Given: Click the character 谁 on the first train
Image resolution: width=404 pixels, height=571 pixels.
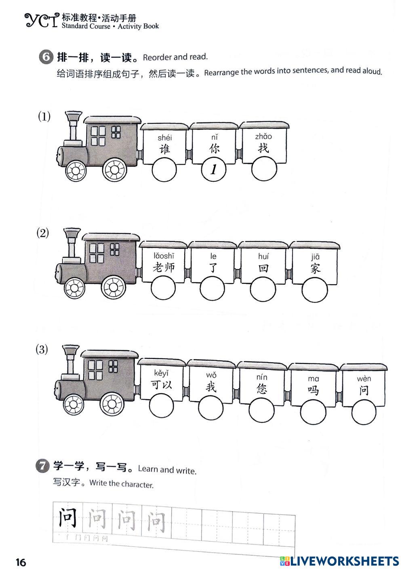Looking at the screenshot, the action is pos(164,149).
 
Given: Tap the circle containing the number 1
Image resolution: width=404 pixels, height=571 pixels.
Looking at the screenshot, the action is pos(214,169).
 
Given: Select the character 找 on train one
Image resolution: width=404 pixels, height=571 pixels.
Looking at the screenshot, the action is pos(263,147).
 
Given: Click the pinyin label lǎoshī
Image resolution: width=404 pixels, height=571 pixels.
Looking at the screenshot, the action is pos(164,256).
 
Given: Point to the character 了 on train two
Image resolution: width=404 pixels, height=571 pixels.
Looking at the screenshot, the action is pos(214,267).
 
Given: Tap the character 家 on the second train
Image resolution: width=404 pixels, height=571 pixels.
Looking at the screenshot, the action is pos(315,268).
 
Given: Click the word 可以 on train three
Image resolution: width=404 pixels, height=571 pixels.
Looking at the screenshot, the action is pos(162,384).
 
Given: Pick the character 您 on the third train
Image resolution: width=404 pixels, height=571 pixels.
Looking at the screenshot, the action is pos(262,388).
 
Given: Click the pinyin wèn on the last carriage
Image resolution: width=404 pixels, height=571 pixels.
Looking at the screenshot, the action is pos(364,379).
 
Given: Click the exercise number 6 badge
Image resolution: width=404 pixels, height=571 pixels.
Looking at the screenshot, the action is pos(46,57).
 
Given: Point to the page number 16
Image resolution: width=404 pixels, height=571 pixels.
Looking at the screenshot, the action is pos(21,562).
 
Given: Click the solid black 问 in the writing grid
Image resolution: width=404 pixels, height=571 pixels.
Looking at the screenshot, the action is pos(67,518).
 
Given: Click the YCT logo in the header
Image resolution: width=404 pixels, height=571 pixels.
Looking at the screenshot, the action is pos(41,20).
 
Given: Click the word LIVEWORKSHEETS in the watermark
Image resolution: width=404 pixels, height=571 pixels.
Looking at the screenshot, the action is pos(345,561).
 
